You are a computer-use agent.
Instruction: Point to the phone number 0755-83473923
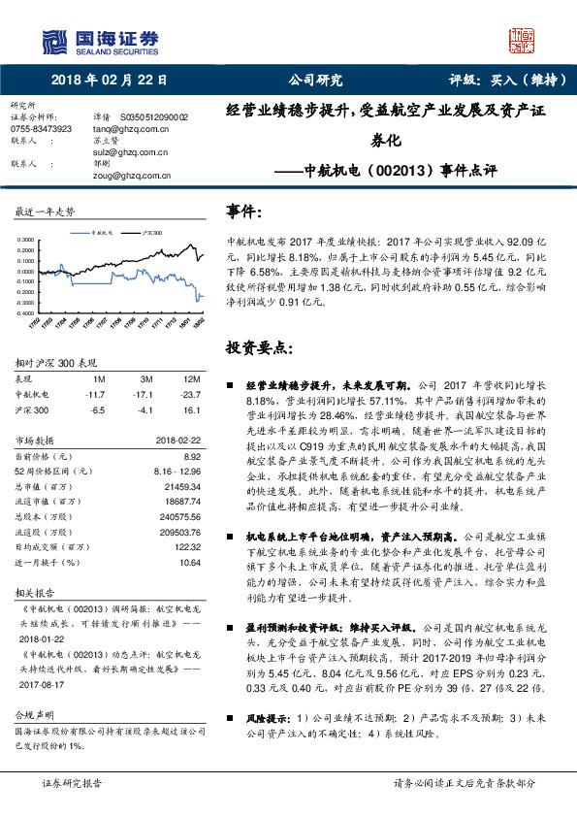tap(41, 127)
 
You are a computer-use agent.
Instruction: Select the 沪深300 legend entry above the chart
tap(149, 233)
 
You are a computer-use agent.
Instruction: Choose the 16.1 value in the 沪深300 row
tap(192, 409)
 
